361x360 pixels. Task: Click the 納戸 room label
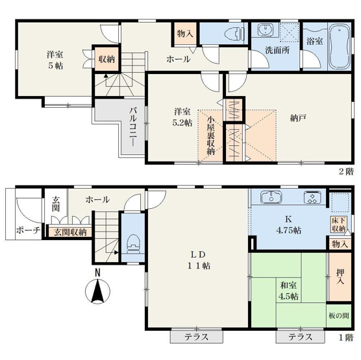pyautogui.click(x=298, y=117)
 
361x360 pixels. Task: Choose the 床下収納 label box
pyautogui.click(x=338, y=224)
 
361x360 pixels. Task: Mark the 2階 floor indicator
pyautogui.click(x=345, y=171)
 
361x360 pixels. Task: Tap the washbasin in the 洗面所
pyautogui.click(x=265, y=31)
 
